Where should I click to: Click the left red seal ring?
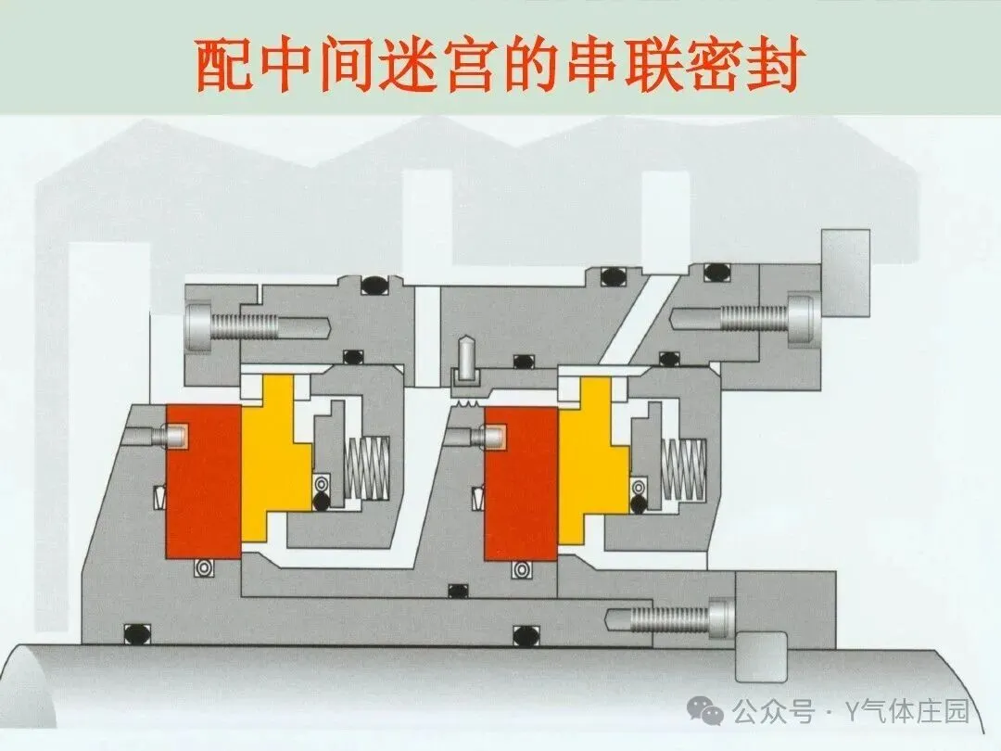tap(202, 482)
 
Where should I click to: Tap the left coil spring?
tap(370, 464)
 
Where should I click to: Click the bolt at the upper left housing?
tap(250, 326)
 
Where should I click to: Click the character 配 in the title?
tap(225, 65)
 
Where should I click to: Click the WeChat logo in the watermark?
tap(712, 712)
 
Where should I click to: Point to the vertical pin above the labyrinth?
tap(463, 363)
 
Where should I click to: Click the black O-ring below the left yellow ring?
tap(321, 502)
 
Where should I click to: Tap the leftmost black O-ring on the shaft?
tap(136, 633)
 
